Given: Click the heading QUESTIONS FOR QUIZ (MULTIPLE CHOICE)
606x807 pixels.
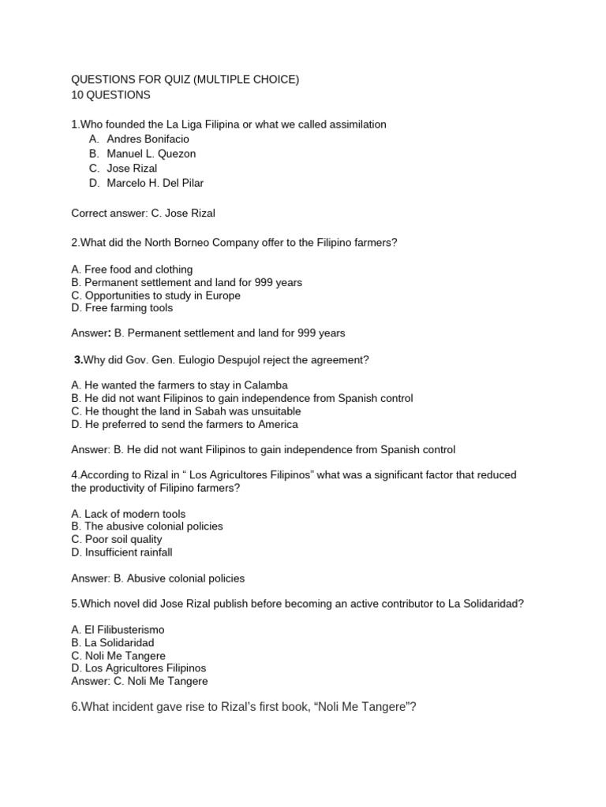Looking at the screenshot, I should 185,80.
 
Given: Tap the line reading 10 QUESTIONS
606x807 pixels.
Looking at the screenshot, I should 110,95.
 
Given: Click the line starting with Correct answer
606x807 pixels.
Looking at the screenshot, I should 142,213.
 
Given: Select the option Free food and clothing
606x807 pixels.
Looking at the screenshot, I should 132,270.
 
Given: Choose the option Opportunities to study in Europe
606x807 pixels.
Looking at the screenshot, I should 155,296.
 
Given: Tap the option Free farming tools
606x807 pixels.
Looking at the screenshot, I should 122,308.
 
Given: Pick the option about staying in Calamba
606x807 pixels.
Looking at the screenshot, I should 179,385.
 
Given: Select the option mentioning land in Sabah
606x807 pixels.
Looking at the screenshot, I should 185,411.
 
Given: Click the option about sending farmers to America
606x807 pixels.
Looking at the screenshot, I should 184,424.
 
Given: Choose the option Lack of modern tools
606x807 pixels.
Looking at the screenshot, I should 129,514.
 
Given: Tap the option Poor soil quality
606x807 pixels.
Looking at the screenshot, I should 116,540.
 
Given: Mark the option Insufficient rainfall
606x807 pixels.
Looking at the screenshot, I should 122,552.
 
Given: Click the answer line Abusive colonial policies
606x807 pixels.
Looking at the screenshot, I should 158,578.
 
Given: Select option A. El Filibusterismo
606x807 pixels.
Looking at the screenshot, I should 118,630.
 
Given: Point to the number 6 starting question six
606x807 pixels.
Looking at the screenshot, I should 75,708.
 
